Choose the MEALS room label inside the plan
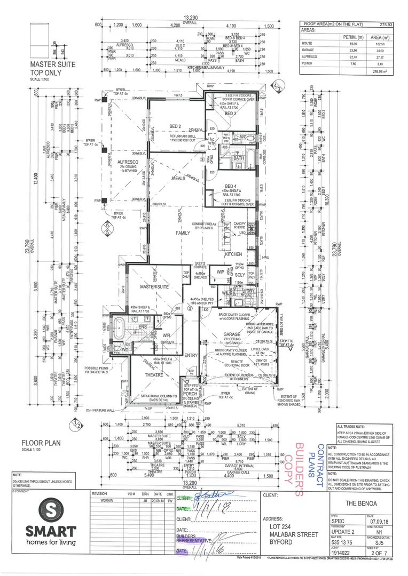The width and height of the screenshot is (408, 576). [178, 179]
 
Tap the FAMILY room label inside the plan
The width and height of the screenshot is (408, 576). [183, 233]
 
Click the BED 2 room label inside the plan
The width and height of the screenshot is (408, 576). [160, 126]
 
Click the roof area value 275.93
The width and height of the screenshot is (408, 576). [385, 25]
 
